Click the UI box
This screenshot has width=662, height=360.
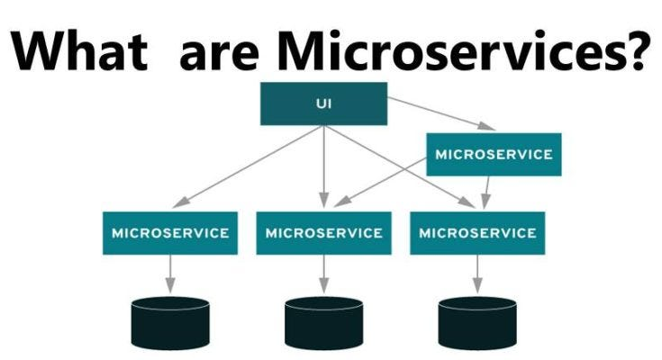coord(323,103)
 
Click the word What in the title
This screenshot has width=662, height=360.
coord(80,49)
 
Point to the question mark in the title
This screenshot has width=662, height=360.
coord(630,49)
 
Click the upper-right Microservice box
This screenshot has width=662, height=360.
coord(494,155)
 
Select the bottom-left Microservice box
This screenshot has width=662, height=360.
coord(170,233)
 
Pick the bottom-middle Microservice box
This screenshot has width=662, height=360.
coord(324,233)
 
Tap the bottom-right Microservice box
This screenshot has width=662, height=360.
coord(477,233)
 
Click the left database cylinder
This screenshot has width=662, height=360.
coord(170,323)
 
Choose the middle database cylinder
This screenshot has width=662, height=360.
coord(324,323)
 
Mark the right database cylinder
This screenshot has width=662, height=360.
coord(477,323)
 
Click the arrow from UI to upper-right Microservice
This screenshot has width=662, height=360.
coord(440,113)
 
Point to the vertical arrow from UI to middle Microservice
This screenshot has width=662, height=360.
coord(324,166)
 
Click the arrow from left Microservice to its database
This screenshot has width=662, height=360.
coord(170,274)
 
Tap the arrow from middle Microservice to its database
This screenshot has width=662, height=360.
coord(324,274)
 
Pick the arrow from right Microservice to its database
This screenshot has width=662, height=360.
coord(477,274)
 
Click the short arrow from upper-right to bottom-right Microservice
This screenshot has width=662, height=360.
coord(486,192)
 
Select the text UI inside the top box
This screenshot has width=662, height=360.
coord(324,103)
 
